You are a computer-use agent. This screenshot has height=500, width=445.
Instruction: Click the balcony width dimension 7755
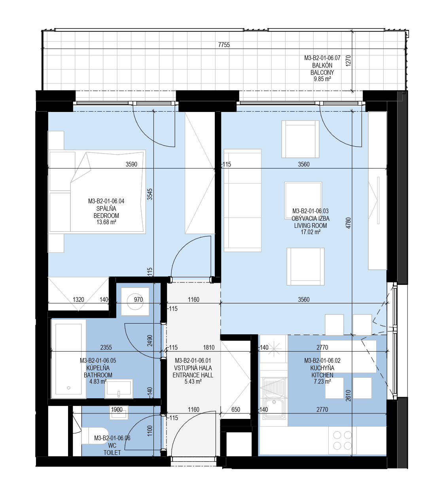(224, 45)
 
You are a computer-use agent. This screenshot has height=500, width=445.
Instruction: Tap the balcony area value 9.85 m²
(322, 79)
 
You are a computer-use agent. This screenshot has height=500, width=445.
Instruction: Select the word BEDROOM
(106, 216)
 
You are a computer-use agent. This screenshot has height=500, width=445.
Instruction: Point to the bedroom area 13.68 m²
(106, 222)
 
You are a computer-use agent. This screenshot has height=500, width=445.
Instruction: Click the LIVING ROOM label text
(311, 225)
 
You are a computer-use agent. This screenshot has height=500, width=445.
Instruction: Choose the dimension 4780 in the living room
(348, 223)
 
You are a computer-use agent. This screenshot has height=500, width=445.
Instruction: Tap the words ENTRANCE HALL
(193, 375)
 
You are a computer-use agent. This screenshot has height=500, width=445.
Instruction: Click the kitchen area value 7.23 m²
(322, 382)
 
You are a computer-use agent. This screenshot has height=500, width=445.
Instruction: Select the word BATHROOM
(98, 375)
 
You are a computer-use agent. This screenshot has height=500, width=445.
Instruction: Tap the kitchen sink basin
(274, 407)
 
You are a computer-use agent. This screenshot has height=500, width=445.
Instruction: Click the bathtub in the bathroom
(68, 359)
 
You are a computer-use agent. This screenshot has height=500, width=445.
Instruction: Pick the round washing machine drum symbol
(135, 301)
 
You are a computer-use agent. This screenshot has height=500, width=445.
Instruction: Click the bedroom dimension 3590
(131, 165)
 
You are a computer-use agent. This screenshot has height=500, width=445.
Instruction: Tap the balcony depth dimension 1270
(348, 61)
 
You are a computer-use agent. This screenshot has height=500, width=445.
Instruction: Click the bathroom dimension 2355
(106, 347)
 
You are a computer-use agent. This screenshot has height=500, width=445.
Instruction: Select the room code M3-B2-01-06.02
(322, 361)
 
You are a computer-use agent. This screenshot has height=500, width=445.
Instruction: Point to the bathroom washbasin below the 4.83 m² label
(119, 389)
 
